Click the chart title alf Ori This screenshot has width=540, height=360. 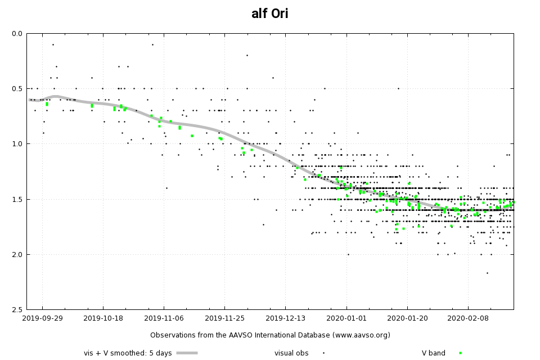point(270,14)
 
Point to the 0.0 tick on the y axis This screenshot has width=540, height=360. point(16,34)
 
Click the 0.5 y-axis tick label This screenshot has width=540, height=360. point(16,89)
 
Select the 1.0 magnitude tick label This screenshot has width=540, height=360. point(16,144)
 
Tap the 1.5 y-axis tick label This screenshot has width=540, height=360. point(16,199)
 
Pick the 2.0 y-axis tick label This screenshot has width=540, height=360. point(16,254)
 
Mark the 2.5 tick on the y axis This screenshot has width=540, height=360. point(16,309)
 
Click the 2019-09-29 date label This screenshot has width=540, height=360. point(43,318)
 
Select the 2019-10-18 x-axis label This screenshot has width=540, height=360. point(103,318)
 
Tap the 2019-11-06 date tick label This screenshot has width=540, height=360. point(164,318)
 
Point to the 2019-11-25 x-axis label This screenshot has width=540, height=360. point(225,318)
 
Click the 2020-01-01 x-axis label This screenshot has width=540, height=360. point(346,318)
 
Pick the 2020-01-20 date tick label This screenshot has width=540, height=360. point(407,318)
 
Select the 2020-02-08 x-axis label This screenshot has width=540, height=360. point(468,318)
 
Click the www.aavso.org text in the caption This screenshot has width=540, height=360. point(360,335)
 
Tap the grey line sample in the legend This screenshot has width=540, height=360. point(187,353)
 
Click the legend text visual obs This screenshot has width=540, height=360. point(291,353)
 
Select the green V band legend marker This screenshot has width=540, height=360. point(460,353)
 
